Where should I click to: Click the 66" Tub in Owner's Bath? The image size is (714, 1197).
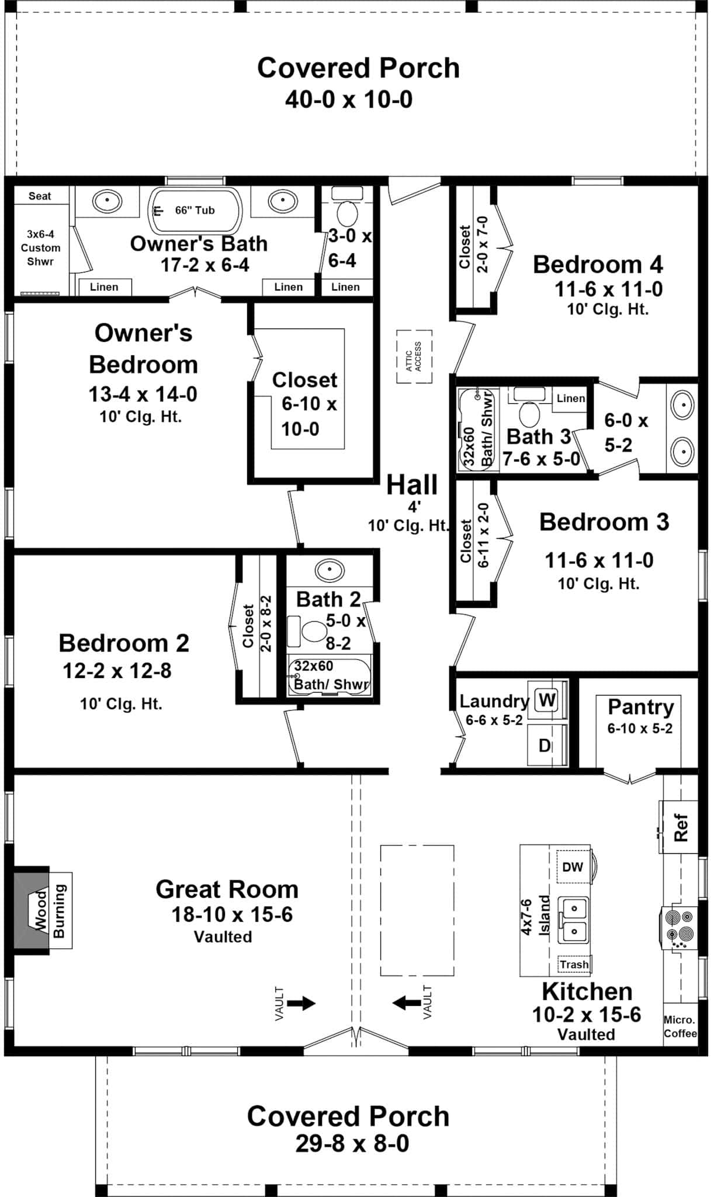[195, 210]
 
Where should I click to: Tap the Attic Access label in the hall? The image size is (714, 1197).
[414, 357]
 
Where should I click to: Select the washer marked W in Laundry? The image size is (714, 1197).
[547, 700]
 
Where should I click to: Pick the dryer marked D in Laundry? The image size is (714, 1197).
[545, 745]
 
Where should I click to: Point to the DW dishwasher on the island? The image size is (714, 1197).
[573, 867]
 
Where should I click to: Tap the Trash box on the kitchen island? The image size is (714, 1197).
[574, 964]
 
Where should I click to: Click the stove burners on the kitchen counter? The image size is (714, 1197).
[680, 926]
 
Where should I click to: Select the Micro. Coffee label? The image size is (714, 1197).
[680, 1027]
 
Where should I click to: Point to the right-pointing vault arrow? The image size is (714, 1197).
[301, 1004]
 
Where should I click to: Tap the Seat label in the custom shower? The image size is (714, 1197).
[40, 196]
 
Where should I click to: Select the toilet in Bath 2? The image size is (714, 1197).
[313, 632]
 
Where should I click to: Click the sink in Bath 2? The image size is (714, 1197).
[330, 569]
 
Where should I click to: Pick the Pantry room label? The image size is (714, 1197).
[640, 707]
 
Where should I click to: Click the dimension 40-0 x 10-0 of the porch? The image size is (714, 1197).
[349, 100]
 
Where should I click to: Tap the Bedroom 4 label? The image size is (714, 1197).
[598, 265]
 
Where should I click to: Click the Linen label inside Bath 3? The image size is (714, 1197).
[570, 399]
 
